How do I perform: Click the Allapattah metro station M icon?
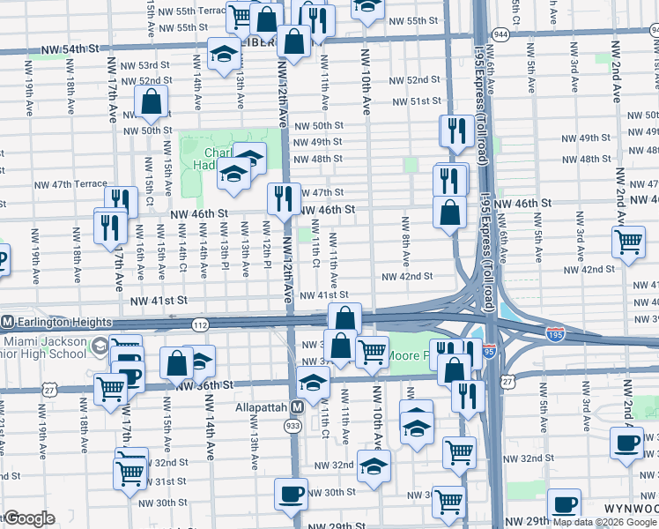click(x=298, y=408)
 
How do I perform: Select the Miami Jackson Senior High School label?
click(x=44, y=348)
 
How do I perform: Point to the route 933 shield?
click(x=292, y=426)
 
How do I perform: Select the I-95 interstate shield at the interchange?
click(x=489, y=351)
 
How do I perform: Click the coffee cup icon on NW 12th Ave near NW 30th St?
click(x=291, y=492)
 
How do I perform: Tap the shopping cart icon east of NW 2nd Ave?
click(x=627, y=240)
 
